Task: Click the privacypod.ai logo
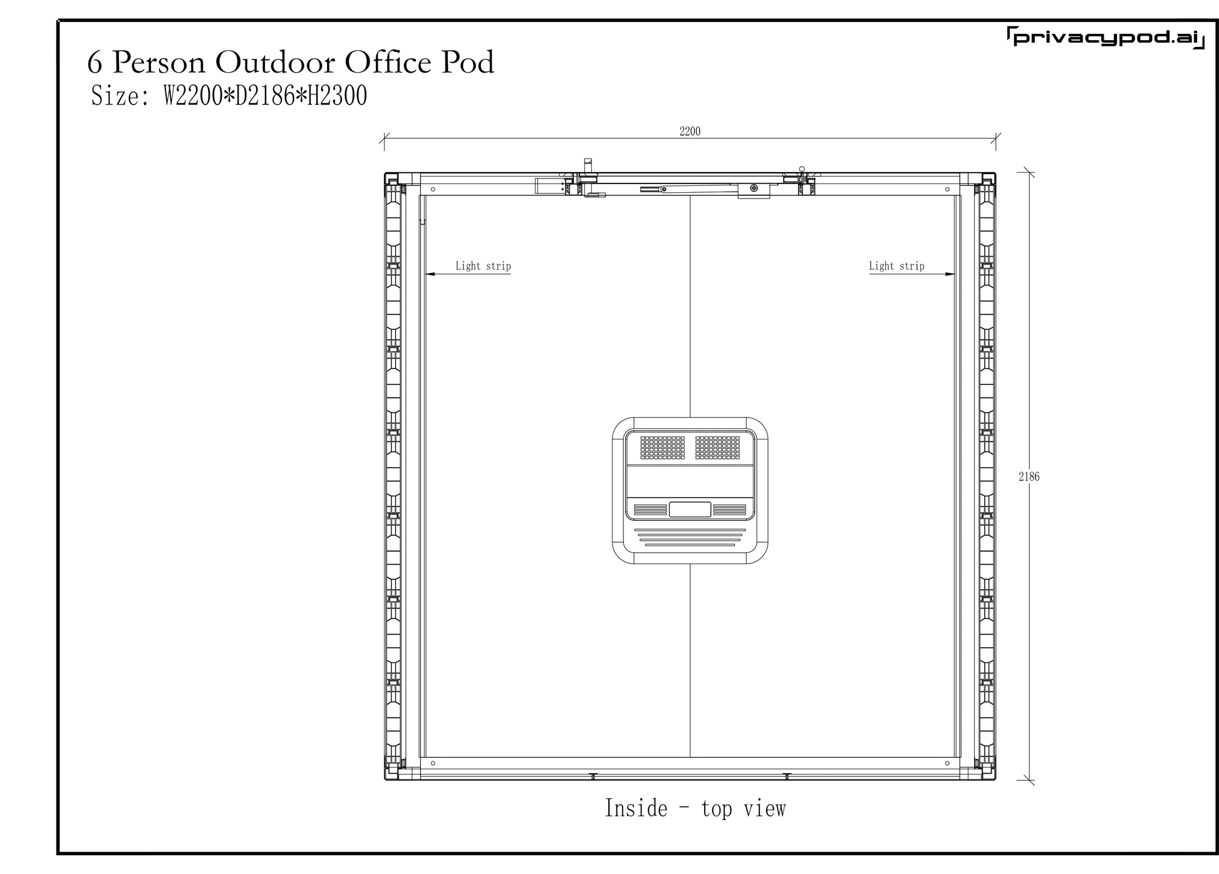(x=1106, y=38)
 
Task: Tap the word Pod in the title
(x=468, y=62)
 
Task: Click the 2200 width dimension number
(x=690, y=131)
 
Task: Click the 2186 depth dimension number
(x=1029, y=476)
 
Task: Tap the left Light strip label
(x=483, y=266)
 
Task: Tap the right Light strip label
(x=896, y=266)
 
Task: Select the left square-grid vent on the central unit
(x=662, y=448)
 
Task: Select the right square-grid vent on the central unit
(x=717, y=448)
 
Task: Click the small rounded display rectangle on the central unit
(x=690, y=509)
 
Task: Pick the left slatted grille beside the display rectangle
(x=650, y=510)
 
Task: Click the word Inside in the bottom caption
(x=636, y=808)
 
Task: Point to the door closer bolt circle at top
(x=754, y=188)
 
